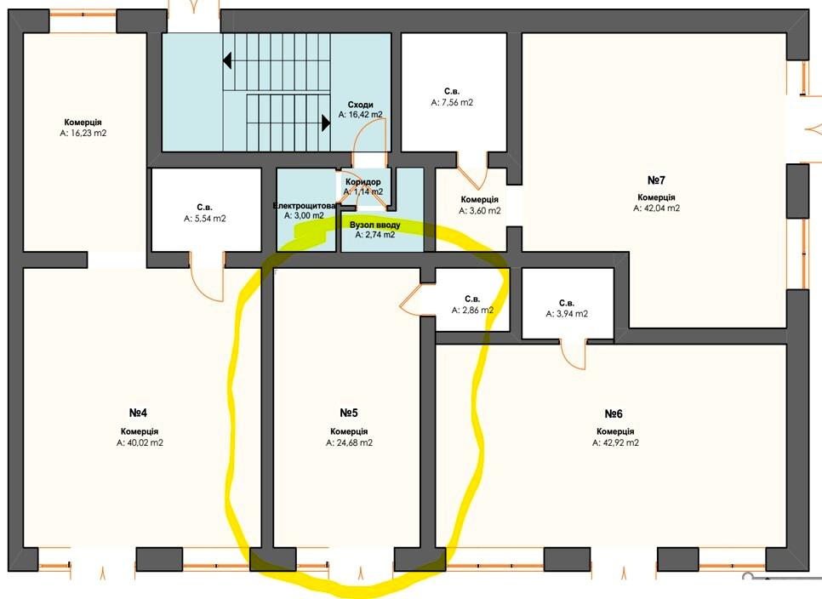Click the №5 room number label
point(349,413)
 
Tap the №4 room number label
point(138,413)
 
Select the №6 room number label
point(614,414)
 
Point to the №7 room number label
point(656,180)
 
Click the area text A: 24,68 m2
point(349,442)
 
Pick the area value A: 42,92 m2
point(615,442)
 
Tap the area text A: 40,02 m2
point(140,442)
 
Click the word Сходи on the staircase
point(360,105)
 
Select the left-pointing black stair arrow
point(227,60)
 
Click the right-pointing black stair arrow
point(326,123)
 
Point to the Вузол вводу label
point(374,225)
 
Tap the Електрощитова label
point(304,206)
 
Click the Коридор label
point(362,182)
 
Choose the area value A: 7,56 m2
point(452,103)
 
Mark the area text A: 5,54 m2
point(204,219)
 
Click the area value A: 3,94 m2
point(567,314)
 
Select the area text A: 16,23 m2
point(83,133)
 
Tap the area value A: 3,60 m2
point(480,211)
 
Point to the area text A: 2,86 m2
point(472,311)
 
